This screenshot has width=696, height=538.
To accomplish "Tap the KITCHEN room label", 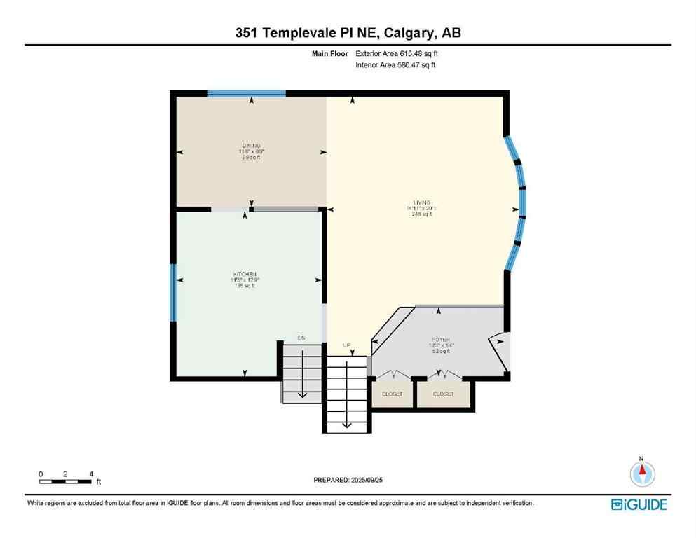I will click(244, 273).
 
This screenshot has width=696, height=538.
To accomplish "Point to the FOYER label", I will click(441, 339).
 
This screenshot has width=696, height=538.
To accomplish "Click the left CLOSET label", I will click(393, 394).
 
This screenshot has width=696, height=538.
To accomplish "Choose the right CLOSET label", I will click(443, 394).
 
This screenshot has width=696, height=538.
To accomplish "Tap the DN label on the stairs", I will click(301, 338).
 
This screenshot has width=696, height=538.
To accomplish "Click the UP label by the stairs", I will click(346, 345).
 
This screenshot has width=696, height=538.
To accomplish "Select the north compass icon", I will click(641, 474).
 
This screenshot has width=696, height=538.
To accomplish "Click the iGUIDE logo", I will click(639, 504).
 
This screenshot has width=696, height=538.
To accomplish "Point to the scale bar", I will click(66, 481).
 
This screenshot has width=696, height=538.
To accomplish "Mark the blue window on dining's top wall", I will click(247, 93).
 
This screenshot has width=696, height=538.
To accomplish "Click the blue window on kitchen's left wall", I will click(172, 292).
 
